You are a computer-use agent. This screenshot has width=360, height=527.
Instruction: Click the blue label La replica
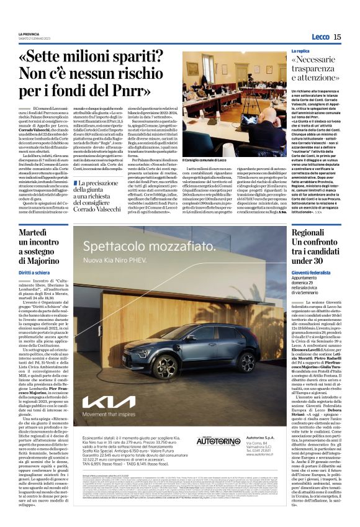(300, 51)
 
